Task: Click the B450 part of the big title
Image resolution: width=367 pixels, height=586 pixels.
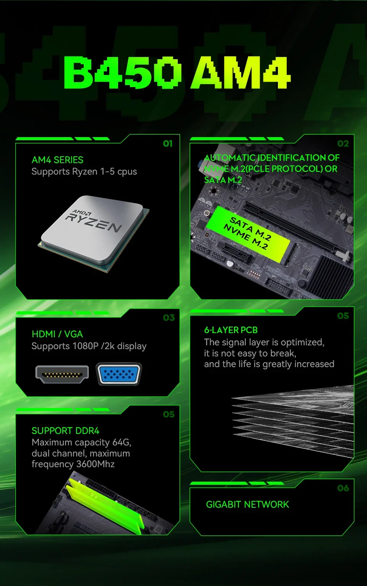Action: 122,73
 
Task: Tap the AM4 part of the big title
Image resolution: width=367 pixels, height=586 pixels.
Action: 240,73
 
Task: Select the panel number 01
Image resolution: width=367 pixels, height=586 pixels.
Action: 167,143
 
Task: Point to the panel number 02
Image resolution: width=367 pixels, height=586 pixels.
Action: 343,143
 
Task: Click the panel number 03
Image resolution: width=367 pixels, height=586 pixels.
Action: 169,317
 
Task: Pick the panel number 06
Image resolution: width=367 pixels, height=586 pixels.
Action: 343,488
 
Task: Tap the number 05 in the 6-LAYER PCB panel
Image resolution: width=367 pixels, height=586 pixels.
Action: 343,316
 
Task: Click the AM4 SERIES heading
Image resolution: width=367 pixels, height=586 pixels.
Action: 57,160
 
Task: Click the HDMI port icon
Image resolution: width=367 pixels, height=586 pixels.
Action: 62,374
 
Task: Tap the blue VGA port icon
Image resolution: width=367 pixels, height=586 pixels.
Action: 119,374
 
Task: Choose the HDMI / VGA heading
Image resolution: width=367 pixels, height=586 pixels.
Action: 57,334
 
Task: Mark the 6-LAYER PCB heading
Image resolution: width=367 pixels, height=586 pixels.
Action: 231,330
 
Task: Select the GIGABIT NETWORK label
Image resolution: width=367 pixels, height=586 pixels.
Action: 247,504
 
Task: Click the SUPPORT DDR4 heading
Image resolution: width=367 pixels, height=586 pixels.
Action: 65,431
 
